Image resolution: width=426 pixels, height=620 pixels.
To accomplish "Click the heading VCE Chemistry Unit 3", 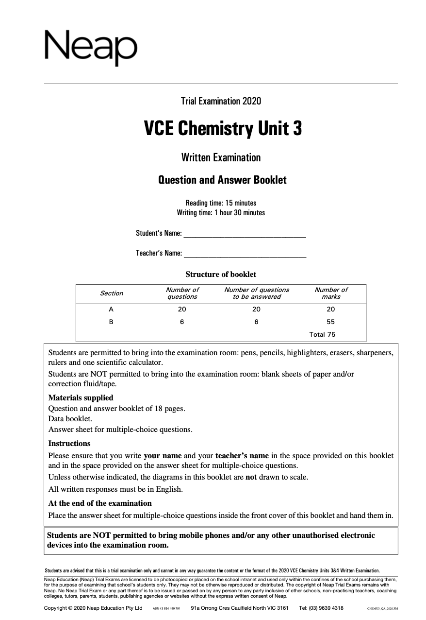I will (223, 129).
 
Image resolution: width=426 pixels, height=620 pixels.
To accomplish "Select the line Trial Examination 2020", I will (221, 101).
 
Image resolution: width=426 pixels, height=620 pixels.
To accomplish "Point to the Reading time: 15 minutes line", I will (221, 203).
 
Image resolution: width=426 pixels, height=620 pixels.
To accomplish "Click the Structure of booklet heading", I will (221, 274).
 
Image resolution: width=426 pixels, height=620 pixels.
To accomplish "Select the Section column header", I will (112, 293).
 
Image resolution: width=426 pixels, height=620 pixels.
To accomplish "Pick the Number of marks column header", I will (331, 293).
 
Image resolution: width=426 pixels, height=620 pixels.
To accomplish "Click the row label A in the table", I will (111, 309).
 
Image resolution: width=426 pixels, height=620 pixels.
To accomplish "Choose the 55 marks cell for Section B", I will (331, 322).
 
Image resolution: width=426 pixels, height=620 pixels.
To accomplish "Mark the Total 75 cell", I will (322, 334).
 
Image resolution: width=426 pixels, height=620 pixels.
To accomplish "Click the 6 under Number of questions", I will (182, 322).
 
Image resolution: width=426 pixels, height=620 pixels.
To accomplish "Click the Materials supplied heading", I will (81, 397).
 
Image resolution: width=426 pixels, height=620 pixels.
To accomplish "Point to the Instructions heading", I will (69, 443).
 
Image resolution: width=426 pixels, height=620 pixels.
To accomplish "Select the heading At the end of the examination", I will (100, 503).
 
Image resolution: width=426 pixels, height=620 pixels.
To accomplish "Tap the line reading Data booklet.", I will (70, 418).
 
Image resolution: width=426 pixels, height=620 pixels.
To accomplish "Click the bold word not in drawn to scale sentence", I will (251, 477).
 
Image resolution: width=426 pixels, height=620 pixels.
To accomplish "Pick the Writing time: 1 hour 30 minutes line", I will (221, 212).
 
